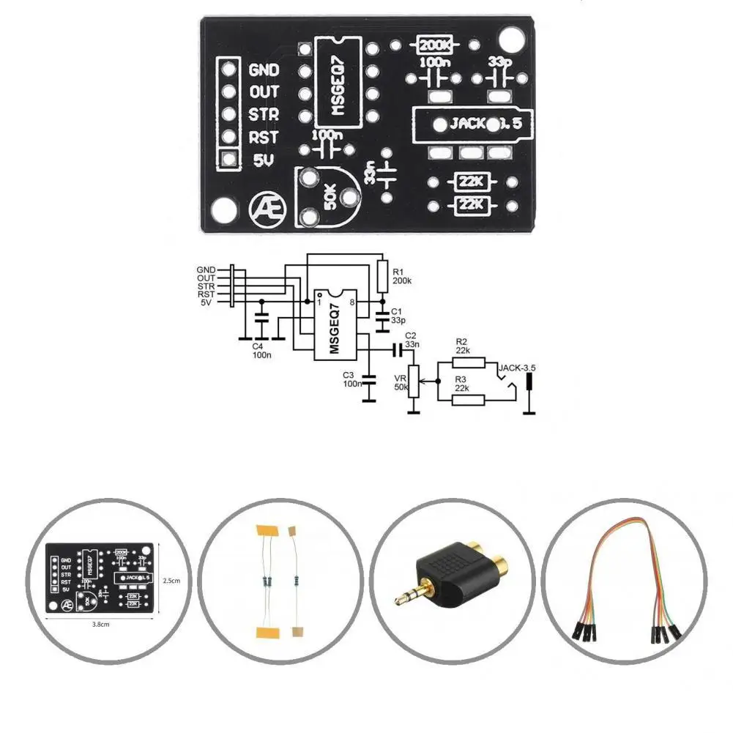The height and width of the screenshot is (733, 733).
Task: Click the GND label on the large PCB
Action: click(264, 70)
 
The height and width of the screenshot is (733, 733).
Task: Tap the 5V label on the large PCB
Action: click(263, 160)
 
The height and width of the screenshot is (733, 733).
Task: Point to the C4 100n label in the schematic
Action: click(262, 350)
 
